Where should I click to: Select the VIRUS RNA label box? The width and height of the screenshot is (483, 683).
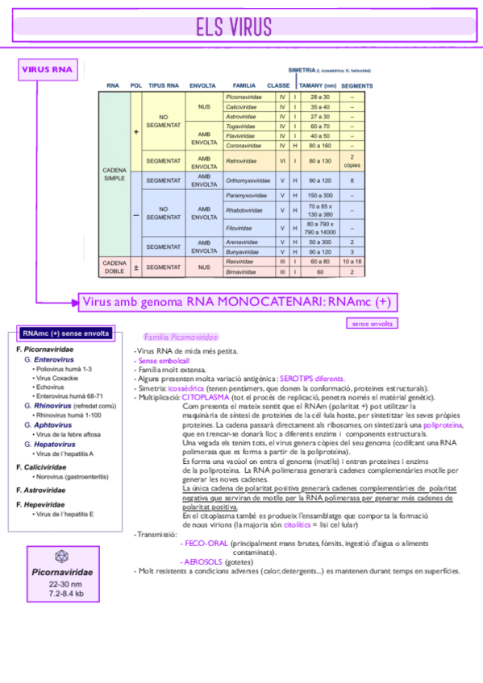pyautogui.click(x=47, y=69)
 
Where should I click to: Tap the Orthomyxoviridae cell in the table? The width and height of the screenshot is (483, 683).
pyautogui.click(x=246, y=180)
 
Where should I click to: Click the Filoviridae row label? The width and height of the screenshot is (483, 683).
pyautogui.click(x=241, y=228)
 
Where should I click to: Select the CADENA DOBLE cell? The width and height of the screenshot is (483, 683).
pyautogui.click(x=115, y=267)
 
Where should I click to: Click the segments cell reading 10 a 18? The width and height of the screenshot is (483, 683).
pyautogui.click(x=352, y=262)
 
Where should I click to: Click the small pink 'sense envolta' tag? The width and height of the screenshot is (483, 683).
pyautogui.click(x=371, y=324)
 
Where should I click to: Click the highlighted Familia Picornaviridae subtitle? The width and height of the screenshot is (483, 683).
pyautogui.click(x=180, y=337)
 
